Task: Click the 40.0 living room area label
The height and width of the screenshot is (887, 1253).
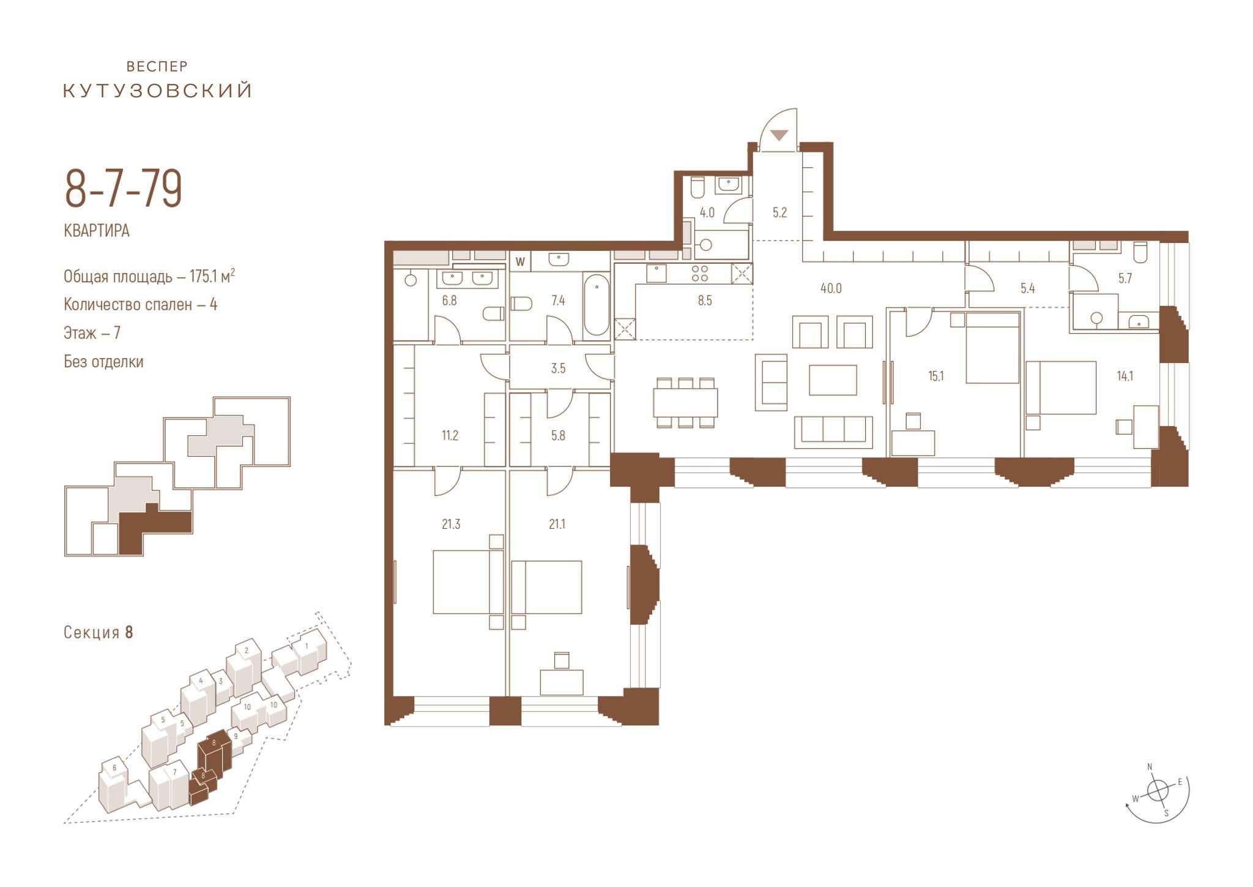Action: click(831, 288)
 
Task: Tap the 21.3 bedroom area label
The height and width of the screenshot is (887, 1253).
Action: click(451, 524)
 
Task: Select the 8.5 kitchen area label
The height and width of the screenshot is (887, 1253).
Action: click(705, 301)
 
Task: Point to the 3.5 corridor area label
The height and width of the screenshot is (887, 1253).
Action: click(558, 369)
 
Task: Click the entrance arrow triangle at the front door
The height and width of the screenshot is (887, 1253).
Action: click(779, 135)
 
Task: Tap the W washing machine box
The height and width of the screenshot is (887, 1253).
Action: click(521, 262)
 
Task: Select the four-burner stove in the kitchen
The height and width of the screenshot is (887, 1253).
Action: click(700, 273)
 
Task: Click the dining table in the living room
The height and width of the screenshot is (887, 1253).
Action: click(686, 403)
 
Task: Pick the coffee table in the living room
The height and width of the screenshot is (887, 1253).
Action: click(833, 380)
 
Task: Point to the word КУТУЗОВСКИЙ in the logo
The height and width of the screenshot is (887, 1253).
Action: click(158, 91)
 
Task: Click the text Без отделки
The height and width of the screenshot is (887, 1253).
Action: click(104, 362)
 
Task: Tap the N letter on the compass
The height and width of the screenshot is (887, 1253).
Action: click(1150, 767)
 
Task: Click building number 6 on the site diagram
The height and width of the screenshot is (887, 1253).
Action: click(114, 768)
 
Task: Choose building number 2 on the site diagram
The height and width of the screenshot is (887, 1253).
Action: click(246, 651)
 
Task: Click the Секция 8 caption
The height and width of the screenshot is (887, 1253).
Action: click(99, 632)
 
